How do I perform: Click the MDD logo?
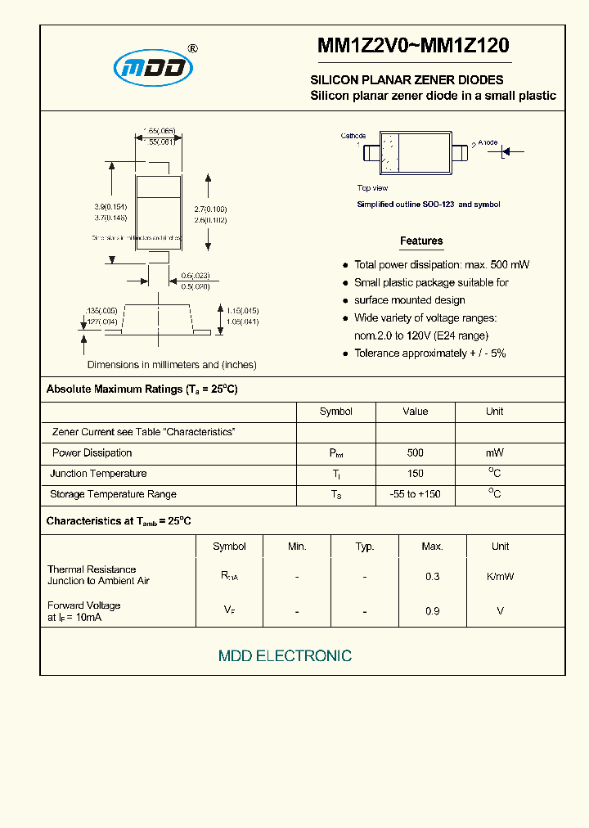point(153,69)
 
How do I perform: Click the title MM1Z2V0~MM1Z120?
point(413,47)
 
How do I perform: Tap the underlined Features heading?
point(421,241)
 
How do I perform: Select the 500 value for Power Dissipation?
point(415,453)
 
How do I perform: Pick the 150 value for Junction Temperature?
point(415,474)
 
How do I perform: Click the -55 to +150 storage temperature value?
point(415,494)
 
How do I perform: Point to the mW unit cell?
point(494,453)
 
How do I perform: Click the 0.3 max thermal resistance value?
point(432,576)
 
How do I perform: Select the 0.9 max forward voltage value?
point(432,611)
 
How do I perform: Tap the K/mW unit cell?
point(500,576)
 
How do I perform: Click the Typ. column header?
point(365,547)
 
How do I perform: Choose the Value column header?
point(415,412)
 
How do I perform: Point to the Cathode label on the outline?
point(353,136)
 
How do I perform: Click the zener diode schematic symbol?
point(506,151)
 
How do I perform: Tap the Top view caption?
point(372,188)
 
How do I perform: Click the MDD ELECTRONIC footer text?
point(285,656)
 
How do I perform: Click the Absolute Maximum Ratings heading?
point(142,389)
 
